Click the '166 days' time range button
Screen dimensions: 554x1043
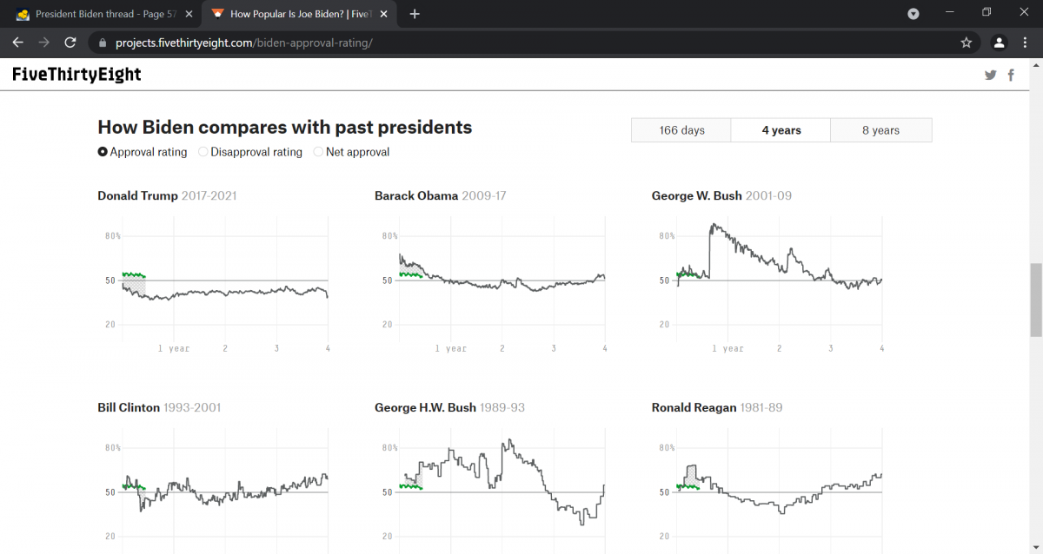[x=681, y=130]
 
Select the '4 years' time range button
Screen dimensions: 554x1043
[x=781, y=130]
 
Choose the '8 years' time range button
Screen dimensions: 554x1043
[x=880, y=130]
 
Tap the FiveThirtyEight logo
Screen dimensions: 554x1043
[x=76, y=75]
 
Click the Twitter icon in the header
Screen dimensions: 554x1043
[x=990, y=76]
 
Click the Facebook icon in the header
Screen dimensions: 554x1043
[x=1011, y=76]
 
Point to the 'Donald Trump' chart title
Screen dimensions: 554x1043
[x=138, y=195]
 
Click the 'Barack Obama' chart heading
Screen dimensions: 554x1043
[x=416, y=195]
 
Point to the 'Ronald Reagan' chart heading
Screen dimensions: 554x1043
[x=694, y=407]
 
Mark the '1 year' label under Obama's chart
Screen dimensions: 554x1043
[x=451, y=348]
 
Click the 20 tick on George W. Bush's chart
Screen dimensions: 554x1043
[x=664, y=325]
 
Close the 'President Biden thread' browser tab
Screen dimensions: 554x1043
[x=189, y=14]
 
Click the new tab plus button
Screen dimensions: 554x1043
[x=415, y=14]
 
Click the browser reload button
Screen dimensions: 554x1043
[x=70, y=43]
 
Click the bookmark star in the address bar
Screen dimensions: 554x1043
[x=966, y=43]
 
